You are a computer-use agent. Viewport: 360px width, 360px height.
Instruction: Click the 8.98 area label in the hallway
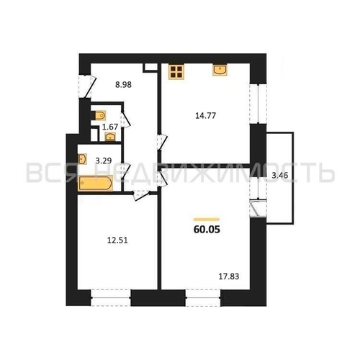[x=123, y=85]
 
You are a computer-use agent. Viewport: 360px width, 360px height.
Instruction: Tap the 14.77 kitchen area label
[x=205, y=116]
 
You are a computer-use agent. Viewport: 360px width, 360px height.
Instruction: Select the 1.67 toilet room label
[x=110, y=127]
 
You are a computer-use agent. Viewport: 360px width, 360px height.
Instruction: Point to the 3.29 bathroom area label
[x=104, y=161]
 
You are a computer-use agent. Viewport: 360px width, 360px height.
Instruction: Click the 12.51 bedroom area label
[x=117, y=240]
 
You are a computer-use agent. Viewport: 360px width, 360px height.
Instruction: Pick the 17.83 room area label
[x=229, y=276]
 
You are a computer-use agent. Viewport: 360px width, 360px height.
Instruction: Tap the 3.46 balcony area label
[x=279, y=176]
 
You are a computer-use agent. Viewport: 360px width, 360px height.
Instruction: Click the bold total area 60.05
[x=207, y=230]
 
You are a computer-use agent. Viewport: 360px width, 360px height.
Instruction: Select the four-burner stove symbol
[x=176, y=72]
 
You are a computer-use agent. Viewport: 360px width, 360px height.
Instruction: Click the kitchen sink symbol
[x=220, y=70]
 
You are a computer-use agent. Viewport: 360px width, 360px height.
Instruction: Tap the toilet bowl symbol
[x=99, y=115]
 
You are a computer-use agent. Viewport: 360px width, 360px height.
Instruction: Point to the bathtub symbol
[x=96, y=184]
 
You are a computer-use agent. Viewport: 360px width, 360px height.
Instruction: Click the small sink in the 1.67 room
[x=110, y=137]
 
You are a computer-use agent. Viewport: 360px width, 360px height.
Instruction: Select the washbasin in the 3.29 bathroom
[x=82, y=159]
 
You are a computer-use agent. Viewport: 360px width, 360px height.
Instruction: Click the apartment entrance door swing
[x=88, y=86]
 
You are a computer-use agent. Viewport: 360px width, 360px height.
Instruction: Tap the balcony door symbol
[x=258, y=208]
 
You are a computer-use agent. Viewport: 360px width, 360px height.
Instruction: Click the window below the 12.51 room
[x=111, y=298]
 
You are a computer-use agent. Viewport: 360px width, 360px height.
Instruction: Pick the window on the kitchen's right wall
[x=258, y=104]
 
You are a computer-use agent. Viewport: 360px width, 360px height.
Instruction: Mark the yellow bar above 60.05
[x=207, y=220]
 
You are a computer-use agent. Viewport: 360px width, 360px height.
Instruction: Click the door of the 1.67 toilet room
[x=126, y=120]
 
